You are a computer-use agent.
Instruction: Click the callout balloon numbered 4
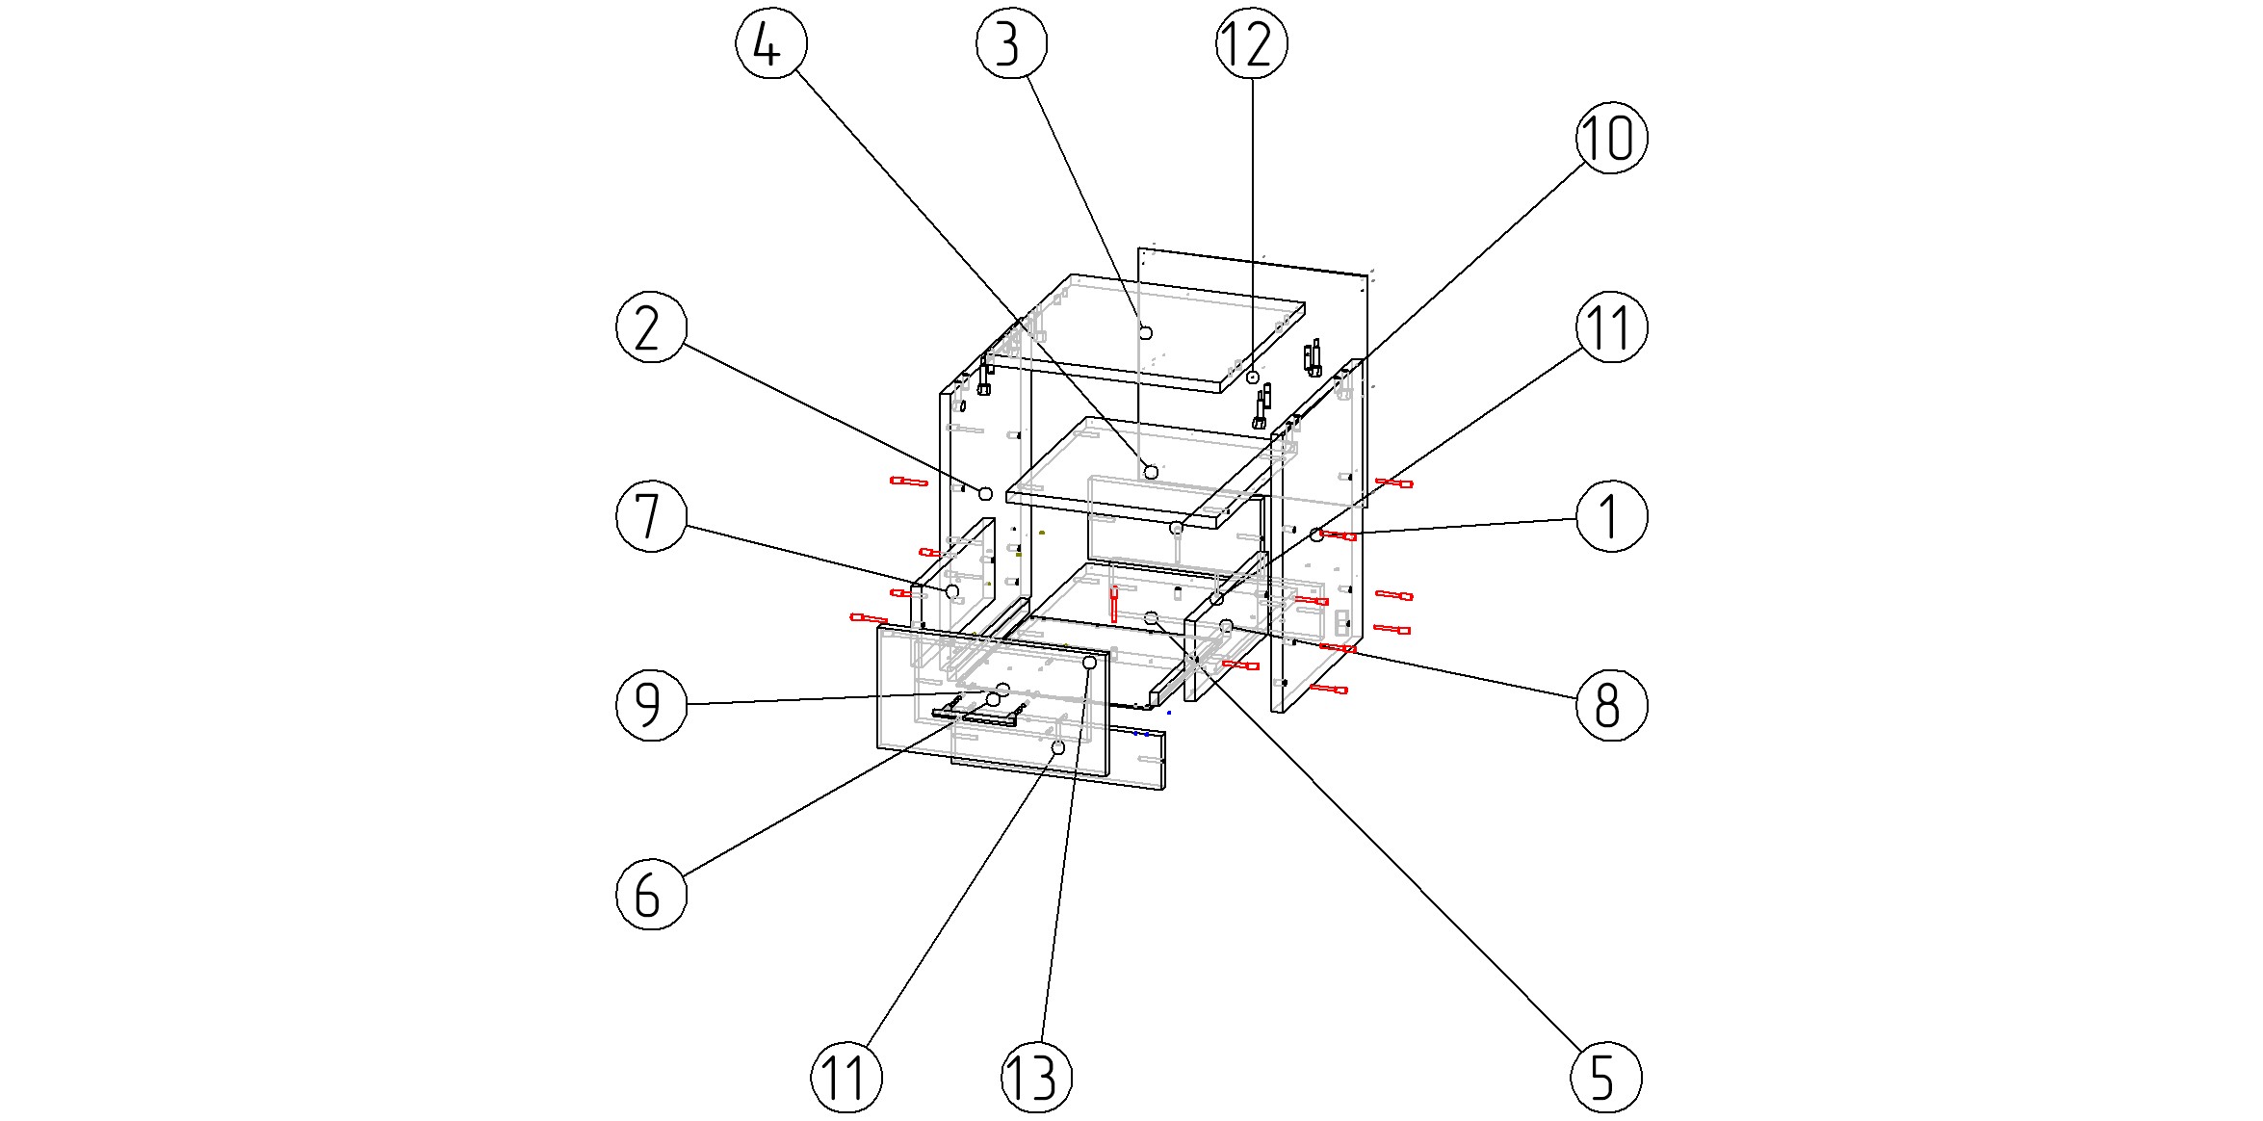coord(771,44)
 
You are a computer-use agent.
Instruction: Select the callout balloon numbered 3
coord(1011,44)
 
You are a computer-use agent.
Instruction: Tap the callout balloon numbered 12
coord(1252,44)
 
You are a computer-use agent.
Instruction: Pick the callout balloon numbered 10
coord(1611,138)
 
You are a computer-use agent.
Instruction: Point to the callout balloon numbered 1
coord(1611,516)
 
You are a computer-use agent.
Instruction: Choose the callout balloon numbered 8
coord(1611,705)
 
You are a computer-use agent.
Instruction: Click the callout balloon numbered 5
coord(1605,1077)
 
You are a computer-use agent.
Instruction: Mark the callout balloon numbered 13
coord(1036,1077)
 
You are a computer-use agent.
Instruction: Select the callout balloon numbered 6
coord(651,894)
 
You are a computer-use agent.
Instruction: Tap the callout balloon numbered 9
coord(651,705)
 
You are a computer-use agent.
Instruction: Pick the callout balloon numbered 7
coord(651,516)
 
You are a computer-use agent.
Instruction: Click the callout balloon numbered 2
coord(651,327)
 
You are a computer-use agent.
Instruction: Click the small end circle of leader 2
coord(985,493)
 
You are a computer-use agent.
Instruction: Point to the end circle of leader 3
coord(1145,332)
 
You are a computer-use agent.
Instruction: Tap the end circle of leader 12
coord(1252,377)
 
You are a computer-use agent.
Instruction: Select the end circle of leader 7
coord(952,590)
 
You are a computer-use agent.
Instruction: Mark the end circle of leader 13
coord(1090,663)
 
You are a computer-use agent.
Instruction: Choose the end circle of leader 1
coord(1316,534)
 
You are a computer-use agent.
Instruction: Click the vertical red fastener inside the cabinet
coord(1114,604)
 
